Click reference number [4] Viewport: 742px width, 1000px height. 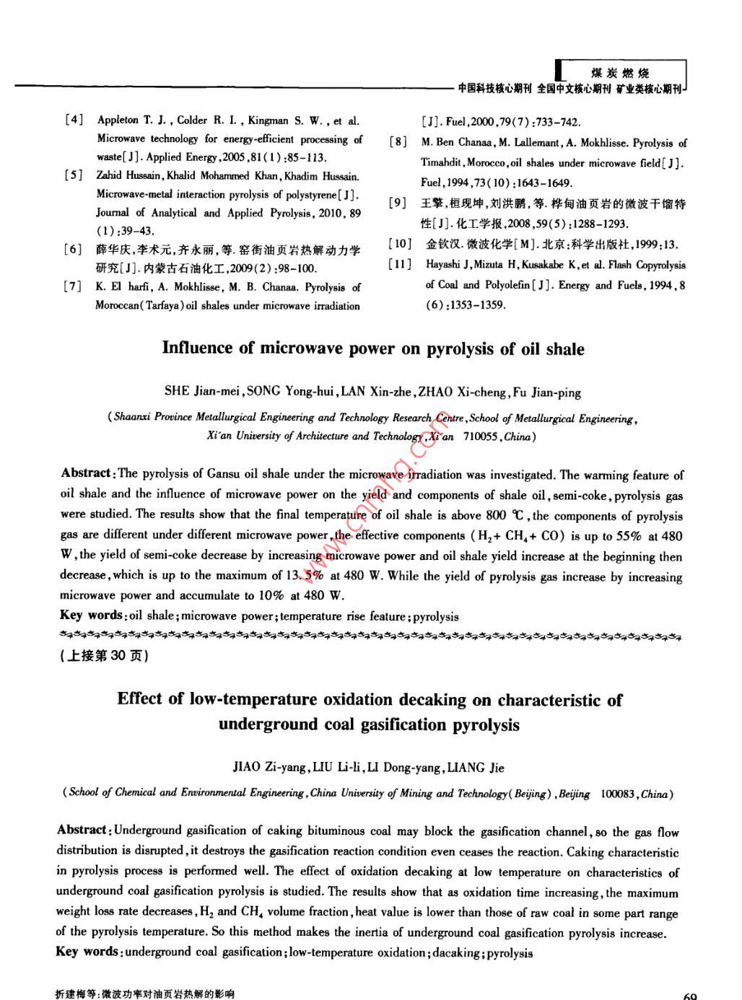click(x=74, y=120)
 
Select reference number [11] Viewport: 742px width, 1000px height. click(x=400, y=264)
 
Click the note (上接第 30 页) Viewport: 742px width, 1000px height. click(x=104, y=656)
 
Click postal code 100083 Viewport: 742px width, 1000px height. click(x=616, y=794)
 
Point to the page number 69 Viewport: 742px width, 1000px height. click(x=689, y=996)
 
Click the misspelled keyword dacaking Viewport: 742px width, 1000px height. click(x=457, y=952)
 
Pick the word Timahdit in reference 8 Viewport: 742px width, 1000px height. click(x=442, y=163)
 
